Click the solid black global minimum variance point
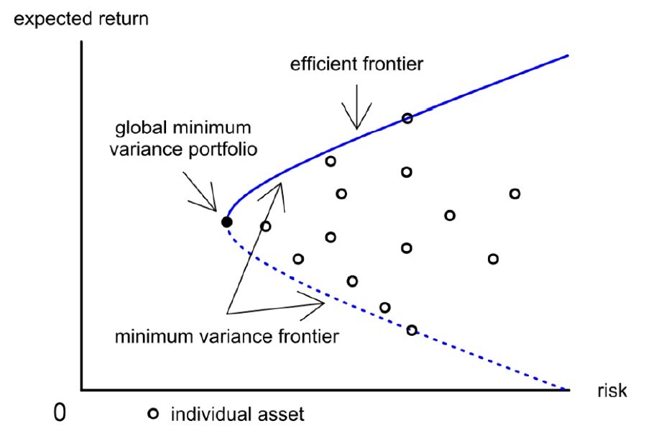(x=226, y=222)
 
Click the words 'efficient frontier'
(x=356, y=64)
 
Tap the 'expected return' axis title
(x=80, y=19)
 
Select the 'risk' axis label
(x=612, y=391)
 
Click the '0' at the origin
(x=60, y=412)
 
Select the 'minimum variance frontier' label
(x=226, y=337)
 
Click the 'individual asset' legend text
(x=237, y=414)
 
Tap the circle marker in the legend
(x=153, y=414)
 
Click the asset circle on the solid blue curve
(x=407, y=119)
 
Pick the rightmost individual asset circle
(x=515, y=194)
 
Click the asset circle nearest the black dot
(x=266, y=226)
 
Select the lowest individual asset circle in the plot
(x=412, y=330)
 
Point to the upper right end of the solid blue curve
(x=568, y=55)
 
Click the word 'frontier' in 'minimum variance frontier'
(x=308, y=337)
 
